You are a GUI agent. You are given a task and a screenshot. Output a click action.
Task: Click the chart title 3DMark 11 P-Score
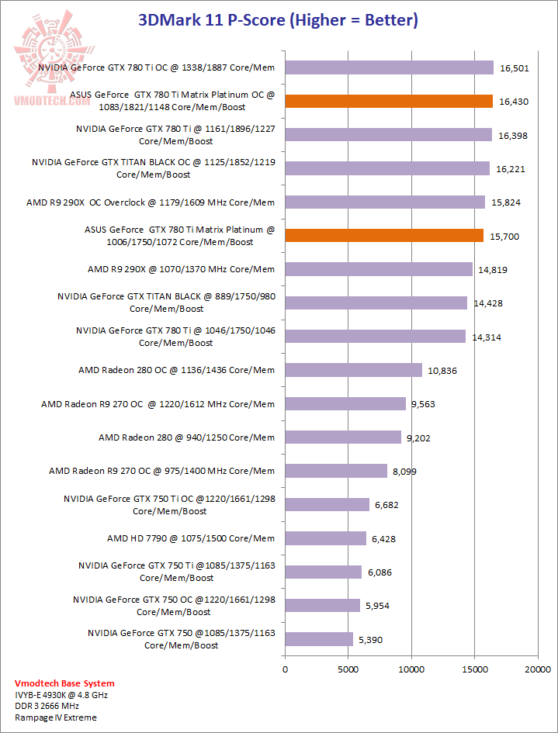click(x=278, y=20)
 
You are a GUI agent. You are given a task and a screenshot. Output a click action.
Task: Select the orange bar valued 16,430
click(x=389, y=102)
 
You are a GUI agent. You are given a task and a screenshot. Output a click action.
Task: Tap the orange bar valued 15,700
click(x=384, y=236)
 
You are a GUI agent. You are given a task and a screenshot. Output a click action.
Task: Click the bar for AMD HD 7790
click(x=325, y=538)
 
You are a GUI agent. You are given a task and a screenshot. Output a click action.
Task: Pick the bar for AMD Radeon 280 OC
click(x=353, y=370)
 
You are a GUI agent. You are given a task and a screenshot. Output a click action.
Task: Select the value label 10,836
click(x=442, y=371)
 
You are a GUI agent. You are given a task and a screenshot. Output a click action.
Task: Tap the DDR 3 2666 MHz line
click(x=52, y=707)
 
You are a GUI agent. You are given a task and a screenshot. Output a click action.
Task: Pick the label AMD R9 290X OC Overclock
click(x=151, y=202)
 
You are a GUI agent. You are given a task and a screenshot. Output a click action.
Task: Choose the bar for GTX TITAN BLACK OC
click(x=387, y=168)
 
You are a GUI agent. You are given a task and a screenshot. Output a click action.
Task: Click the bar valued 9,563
click(x=345, y=404)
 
